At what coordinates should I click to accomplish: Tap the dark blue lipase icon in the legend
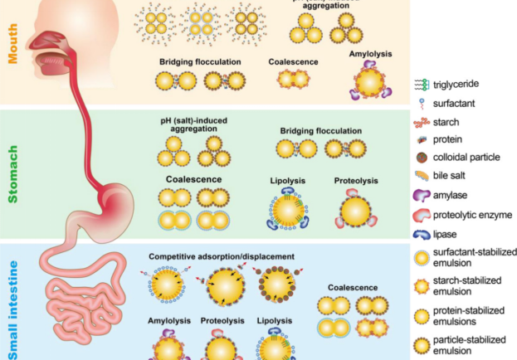pyautogui.click(x=426, y=236)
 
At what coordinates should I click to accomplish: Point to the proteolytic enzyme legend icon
pyautogui.click(x=426, y=215)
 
